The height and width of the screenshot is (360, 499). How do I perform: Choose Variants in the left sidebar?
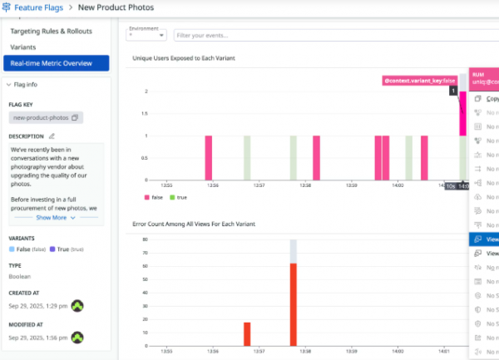tap(22, 47)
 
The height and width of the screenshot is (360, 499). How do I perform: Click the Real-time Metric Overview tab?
tap(57, 63)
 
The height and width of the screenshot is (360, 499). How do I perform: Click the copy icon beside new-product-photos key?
tap(75, 118)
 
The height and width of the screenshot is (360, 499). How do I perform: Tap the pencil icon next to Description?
tap(52, 136)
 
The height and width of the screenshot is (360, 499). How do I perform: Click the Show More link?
tap(55, 217)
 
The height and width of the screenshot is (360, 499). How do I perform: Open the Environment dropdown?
tap(146, 35)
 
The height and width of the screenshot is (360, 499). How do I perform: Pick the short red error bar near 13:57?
tap(247, 333)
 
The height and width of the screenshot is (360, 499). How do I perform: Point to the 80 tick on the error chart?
tap(145, 239)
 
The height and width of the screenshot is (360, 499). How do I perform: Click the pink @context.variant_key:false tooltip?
tap(419, 80)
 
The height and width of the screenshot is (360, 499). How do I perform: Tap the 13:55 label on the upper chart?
tap(166, 185)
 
